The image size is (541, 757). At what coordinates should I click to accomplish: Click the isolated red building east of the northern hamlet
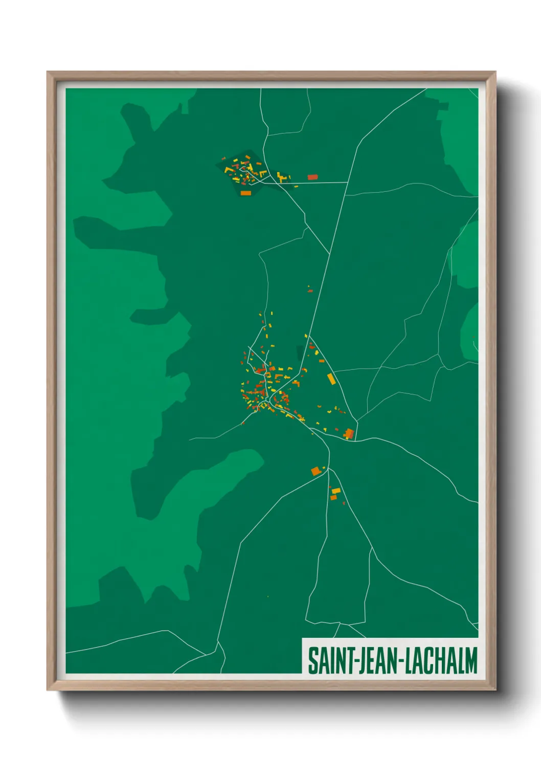pyautogui.click(x=312, y=177)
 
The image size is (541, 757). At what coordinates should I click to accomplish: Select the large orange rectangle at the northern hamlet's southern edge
pyautogui.click(x=245, y=193)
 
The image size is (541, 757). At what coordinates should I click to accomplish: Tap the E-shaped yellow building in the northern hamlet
pyautogui.click(x=281, y=177)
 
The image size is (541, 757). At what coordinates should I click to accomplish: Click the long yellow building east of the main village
pyautogui.click(x=331, y=379)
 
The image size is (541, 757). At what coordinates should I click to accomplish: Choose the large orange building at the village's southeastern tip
pyautogui.click(x=349, y=434)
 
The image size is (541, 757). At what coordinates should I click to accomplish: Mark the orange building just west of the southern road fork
pyautogui.click(x=316, y=471)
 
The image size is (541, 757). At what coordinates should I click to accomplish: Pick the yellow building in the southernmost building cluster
pyautogui.click(x=336, y=491)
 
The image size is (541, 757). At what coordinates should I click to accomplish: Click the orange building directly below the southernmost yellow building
pyautogui.click(x=333, y=497)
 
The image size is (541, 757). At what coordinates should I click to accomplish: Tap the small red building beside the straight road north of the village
pyautogui.click(x=309, y=291)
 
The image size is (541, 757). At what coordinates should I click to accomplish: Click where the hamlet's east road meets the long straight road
pyautogui.click(x=348, y=182)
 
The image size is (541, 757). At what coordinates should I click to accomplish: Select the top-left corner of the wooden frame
pyautogui.click(x=48, y=72)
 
